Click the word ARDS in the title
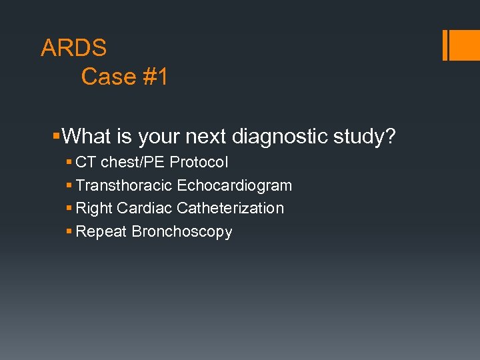pyautogui.click(x=73, y=48)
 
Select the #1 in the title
pyautogui.click(x=154, y=77)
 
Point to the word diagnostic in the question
pyautogui.click(x=280, y=137)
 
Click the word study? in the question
pyautogui.click(x=364, y=137)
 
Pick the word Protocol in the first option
pyautogui.click(x=199, y=162)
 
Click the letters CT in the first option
pyautogui.click(x=86, y=162)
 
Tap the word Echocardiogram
pyautogui.click(x=234, y=185)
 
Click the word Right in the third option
pyautogui.click(x=94, y=208)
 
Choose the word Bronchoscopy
pyautogui.click(x=182, y=232)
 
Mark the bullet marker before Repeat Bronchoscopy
pyautogui.click(x=69, y=231)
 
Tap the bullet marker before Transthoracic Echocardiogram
pyautogui.click(x=69, y=185)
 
